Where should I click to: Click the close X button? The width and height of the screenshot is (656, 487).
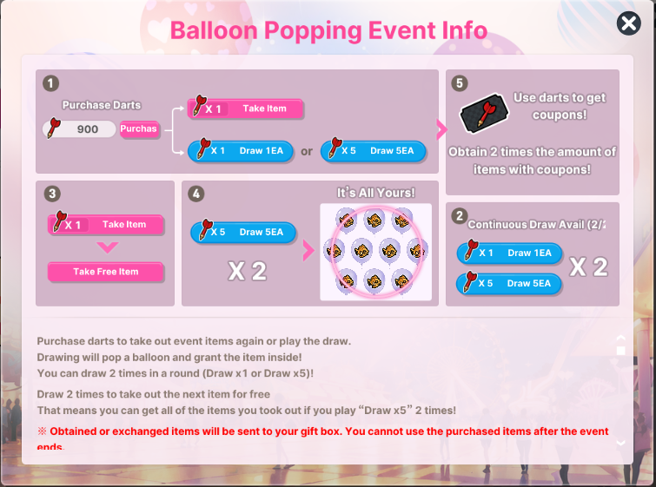628,23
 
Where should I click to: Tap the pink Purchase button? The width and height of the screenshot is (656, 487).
139,129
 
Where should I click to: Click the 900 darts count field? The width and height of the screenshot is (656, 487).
80,129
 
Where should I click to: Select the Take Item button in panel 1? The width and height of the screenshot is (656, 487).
245,109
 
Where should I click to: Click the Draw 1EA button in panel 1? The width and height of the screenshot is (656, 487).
240,151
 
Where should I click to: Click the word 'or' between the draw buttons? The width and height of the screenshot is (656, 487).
307,151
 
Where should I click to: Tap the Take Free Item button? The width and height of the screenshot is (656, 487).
105,272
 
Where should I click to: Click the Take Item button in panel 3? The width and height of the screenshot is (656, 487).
105,225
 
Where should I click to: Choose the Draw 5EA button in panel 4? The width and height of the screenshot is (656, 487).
243,233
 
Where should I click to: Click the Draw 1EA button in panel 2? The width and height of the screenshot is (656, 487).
509,253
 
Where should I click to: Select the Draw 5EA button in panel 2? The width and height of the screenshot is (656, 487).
509,284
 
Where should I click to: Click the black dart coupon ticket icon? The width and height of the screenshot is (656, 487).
485,113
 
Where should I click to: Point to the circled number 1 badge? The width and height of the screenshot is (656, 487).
50,83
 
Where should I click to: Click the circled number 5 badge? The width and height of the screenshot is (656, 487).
460,83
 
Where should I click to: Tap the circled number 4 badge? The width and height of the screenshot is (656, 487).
195,194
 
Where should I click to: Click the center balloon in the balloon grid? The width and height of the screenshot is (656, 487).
361,251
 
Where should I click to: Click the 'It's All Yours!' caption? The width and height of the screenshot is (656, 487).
375,193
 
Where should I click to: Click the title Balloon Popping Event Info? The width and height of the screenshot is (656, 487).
328,30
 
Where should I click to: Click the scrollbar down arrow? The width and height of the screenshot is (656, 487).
621,443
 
